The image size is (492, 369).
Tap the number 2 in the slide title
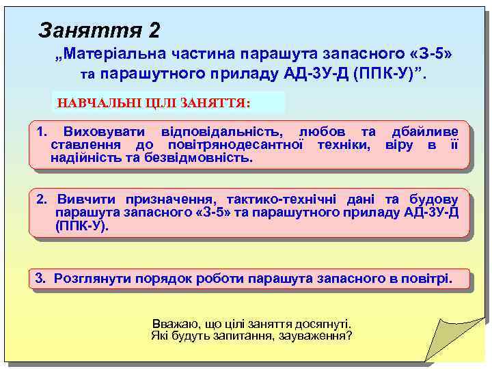154,30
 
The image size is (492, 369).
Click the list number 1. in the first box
42,131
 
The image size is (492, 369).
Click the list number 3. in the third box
41,279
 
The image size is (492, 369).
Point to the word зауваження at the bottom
316,336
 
